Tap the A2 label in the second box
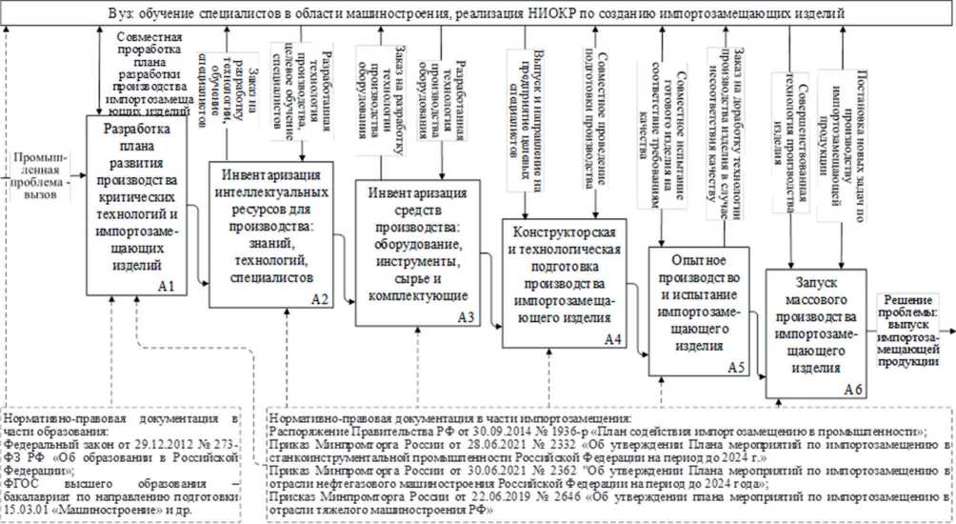(x=321, y=297)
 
